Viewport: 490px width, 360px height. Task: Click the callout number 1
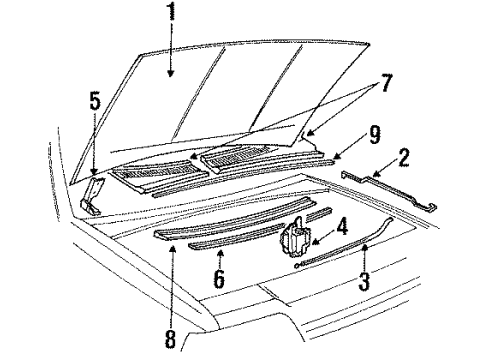pyautogui.click(x=172, y=11)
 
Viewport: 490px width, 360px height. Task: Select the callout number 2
pyautogui.click(x=403, y=158)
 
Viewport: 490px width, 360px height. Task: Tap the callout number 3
pyautogui.click(x=364, y=281)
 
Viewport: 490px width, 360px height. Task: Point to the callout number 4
pyautogui.click(x=342, y=226)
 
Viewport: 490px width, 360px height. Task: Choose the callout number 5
pyautogui.click(x=95, y=101)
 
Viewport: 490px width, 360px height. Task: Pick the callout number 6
pyautogui.click(x=219, y=278)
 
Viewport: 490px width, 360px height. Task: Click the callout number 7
pyautogui.click(x=386, y=83)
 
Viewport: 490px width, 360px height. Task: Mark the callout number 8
pyautogui.click(x=170, y=338)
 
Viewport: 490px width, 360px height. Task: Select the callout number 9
pyautogui.click(x=374, y=135)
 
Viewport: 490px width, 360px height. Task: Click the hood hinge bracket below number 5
pyautogui.click(x=92, y=197)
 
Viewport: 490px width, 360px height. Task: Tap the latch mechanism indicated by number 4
pyautogui.click(x=296, y=238)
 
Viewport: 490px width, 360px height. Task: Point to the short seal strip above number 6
pyautogui.click(x=236, y=237)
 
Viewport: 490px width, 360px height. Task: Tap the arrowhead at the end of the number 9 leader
pyautogui.click(x=337, y=157)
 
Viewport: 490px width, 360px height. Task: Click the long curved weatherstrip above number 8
pyautogui.click(x=233, y=219)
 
